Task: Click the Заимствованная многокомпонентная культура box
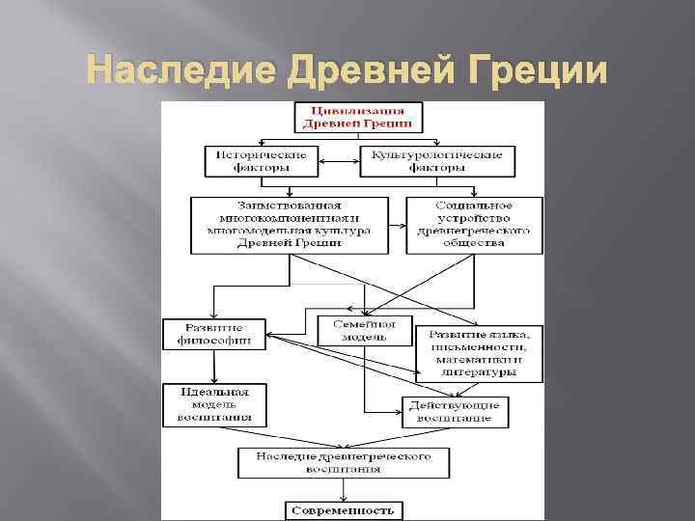[x=290, y=225]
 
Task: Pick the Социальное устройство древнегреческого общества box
[x=473, y=225]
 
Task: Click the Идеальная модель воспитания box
[x=215, y=404]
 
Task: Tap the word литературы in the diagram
[x=479, y=372]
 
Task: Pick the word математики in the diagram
[x=471, y=359]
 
